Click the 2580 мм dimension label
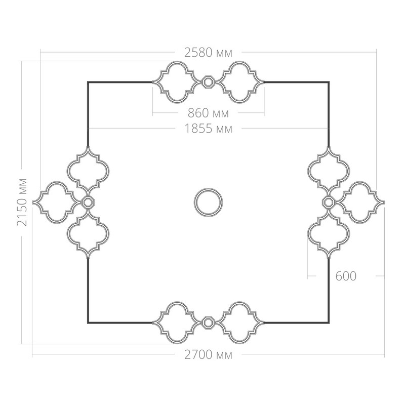pyautogui.click(x=208, y=53)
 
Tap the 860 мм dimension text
pyautogui.click(x=208, y=113)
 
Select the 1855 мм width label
pyautogui.click(x=208, y=129)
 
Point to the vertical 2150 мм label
pyautogui.click(x=22, y=202)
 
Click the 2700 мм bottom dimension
pyautogui.click(x=208, y=355)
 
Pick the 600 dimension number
pyautogui.click(x=346, y=276)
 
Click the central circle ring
pyautogui.click(x=208, y=189)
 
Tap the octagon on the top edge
pyautogui.click(x=208, y=82)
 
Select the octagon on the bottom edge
pyautogui.click(x=208, y=322)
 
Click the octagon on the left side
pyautogui.click(x=88, y=202)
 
